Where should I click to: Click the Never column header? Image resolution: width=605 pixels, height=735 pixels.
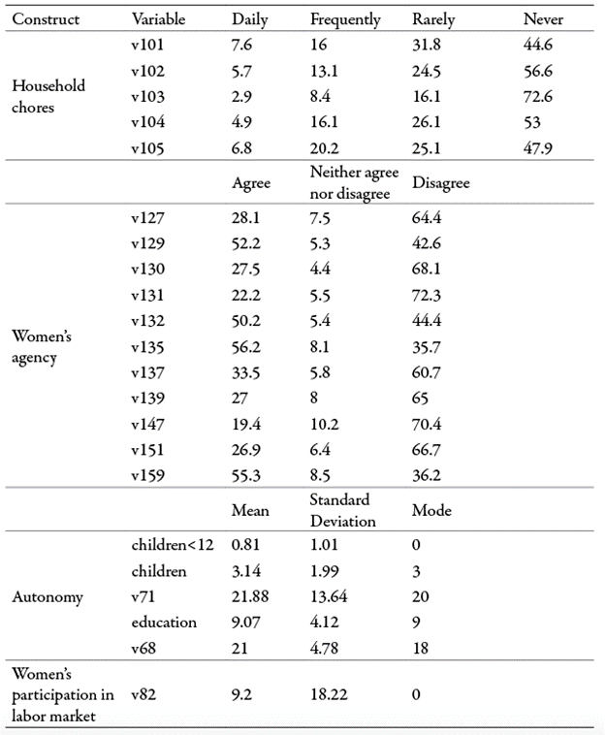(x=543, y=19)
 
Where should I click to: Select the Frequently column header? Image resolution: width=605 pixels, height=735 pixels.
(x=345, y=19)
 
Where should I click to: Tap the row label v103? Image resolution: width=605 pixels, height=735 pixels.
(x=148, y=97)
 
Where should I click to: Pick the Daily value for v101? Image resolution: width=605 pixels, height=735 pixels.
(x=243, y=47)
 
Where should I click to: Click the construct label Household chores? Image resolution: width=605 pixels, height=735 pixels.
(x=48, y=96)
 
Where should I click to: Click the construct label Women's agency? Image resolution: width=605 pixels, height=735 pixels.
(x=42, y=347)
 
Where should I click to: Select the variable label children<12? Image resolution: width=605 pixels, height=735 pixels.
(x=172, y=545)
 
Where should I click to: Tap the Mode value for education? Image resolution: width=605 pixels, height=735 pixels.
(x=416, y=623)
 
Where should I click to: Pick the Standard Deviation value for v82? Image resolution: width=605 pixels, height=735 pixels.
(x=328, y=693)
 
